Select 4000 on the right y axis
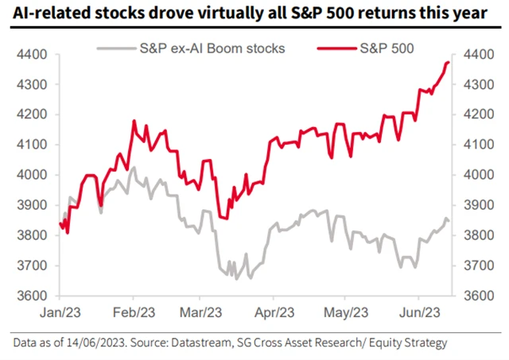pyautogui.click(x=474, y=175)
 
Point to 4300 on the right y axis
pyautogui.click(x=474, y=84)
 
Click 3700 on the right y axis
pyautogui.click(x=474, y=265)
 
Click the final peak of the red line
pyautogui.click(x=449, y=62)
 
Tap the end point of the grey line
pyautogui.click(x=449, y=220)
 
